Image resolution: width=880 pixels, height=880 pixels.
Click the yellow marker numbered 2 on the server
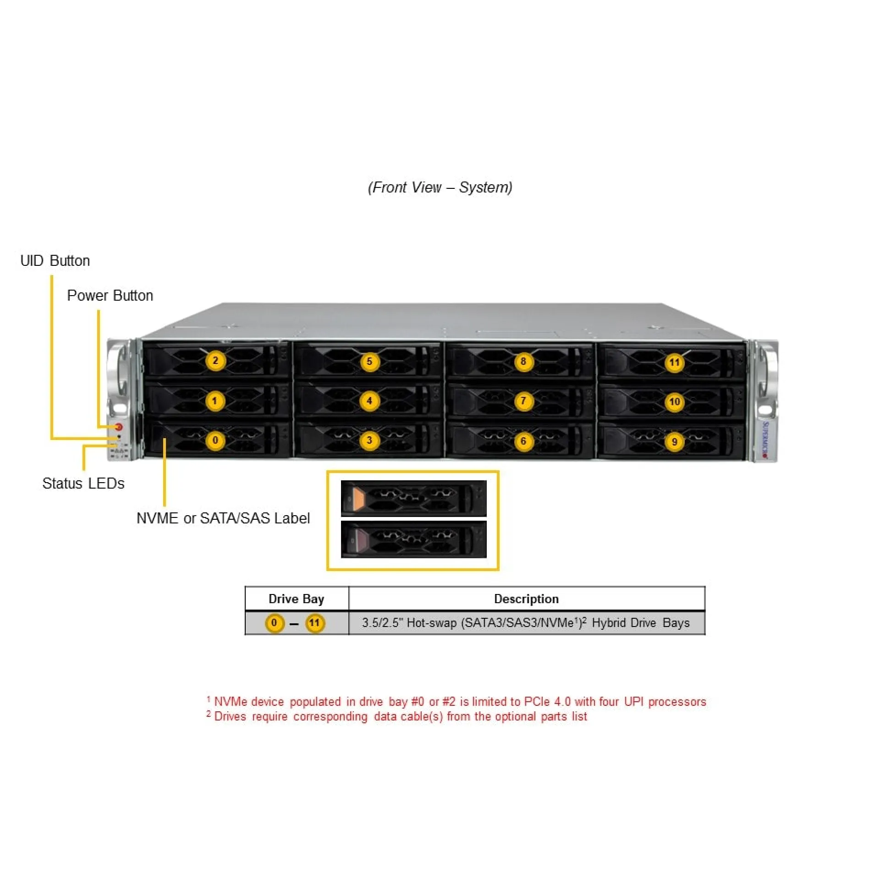coord(215,361)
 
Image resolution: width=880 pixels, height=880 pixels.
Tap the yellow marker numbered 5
coord(369,362)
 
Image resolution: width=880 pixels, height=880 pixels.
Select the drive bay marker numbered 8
coord(523,362)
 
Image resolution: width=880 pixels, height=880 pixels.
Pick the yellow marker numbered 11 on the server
coord(674,363)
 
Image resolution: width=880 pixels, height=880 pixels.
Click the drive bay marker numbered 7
coord(523,401)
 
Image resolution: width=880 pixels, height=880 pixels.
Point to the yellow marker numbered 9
coord(674,442)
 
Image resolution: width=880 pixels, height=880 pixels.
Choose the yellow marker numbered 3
coord(369,441)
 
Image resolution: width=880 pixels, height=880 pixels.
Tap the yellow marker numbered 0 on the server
coord(215,441)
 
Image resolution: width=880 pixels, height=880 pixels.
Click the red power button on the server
coord(119,427)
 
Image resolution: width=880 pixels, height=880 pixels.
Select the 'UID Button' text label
coord(55,261)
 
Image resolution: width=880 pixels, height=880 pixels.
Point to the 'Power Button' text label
coord(110,296)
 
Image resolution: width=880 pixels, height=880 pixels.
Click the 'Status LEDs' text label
coord(83,484)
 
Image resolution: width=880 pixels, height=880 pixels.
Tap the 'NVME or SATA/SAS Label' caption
coord(223,518)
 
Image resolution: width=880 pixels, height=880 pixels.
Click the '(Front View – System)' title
coord(440,187)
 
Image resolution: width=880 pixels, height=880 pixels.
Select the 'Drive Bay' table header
coord(296,599)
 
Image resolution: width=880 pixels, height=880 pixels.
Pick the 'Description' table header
coord(526,599)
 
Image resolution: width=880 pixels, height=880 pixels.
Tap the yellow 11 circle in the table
coord(314,623)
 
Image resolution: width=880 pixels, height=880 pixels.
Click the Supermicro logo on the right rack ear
coord(765,439)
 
